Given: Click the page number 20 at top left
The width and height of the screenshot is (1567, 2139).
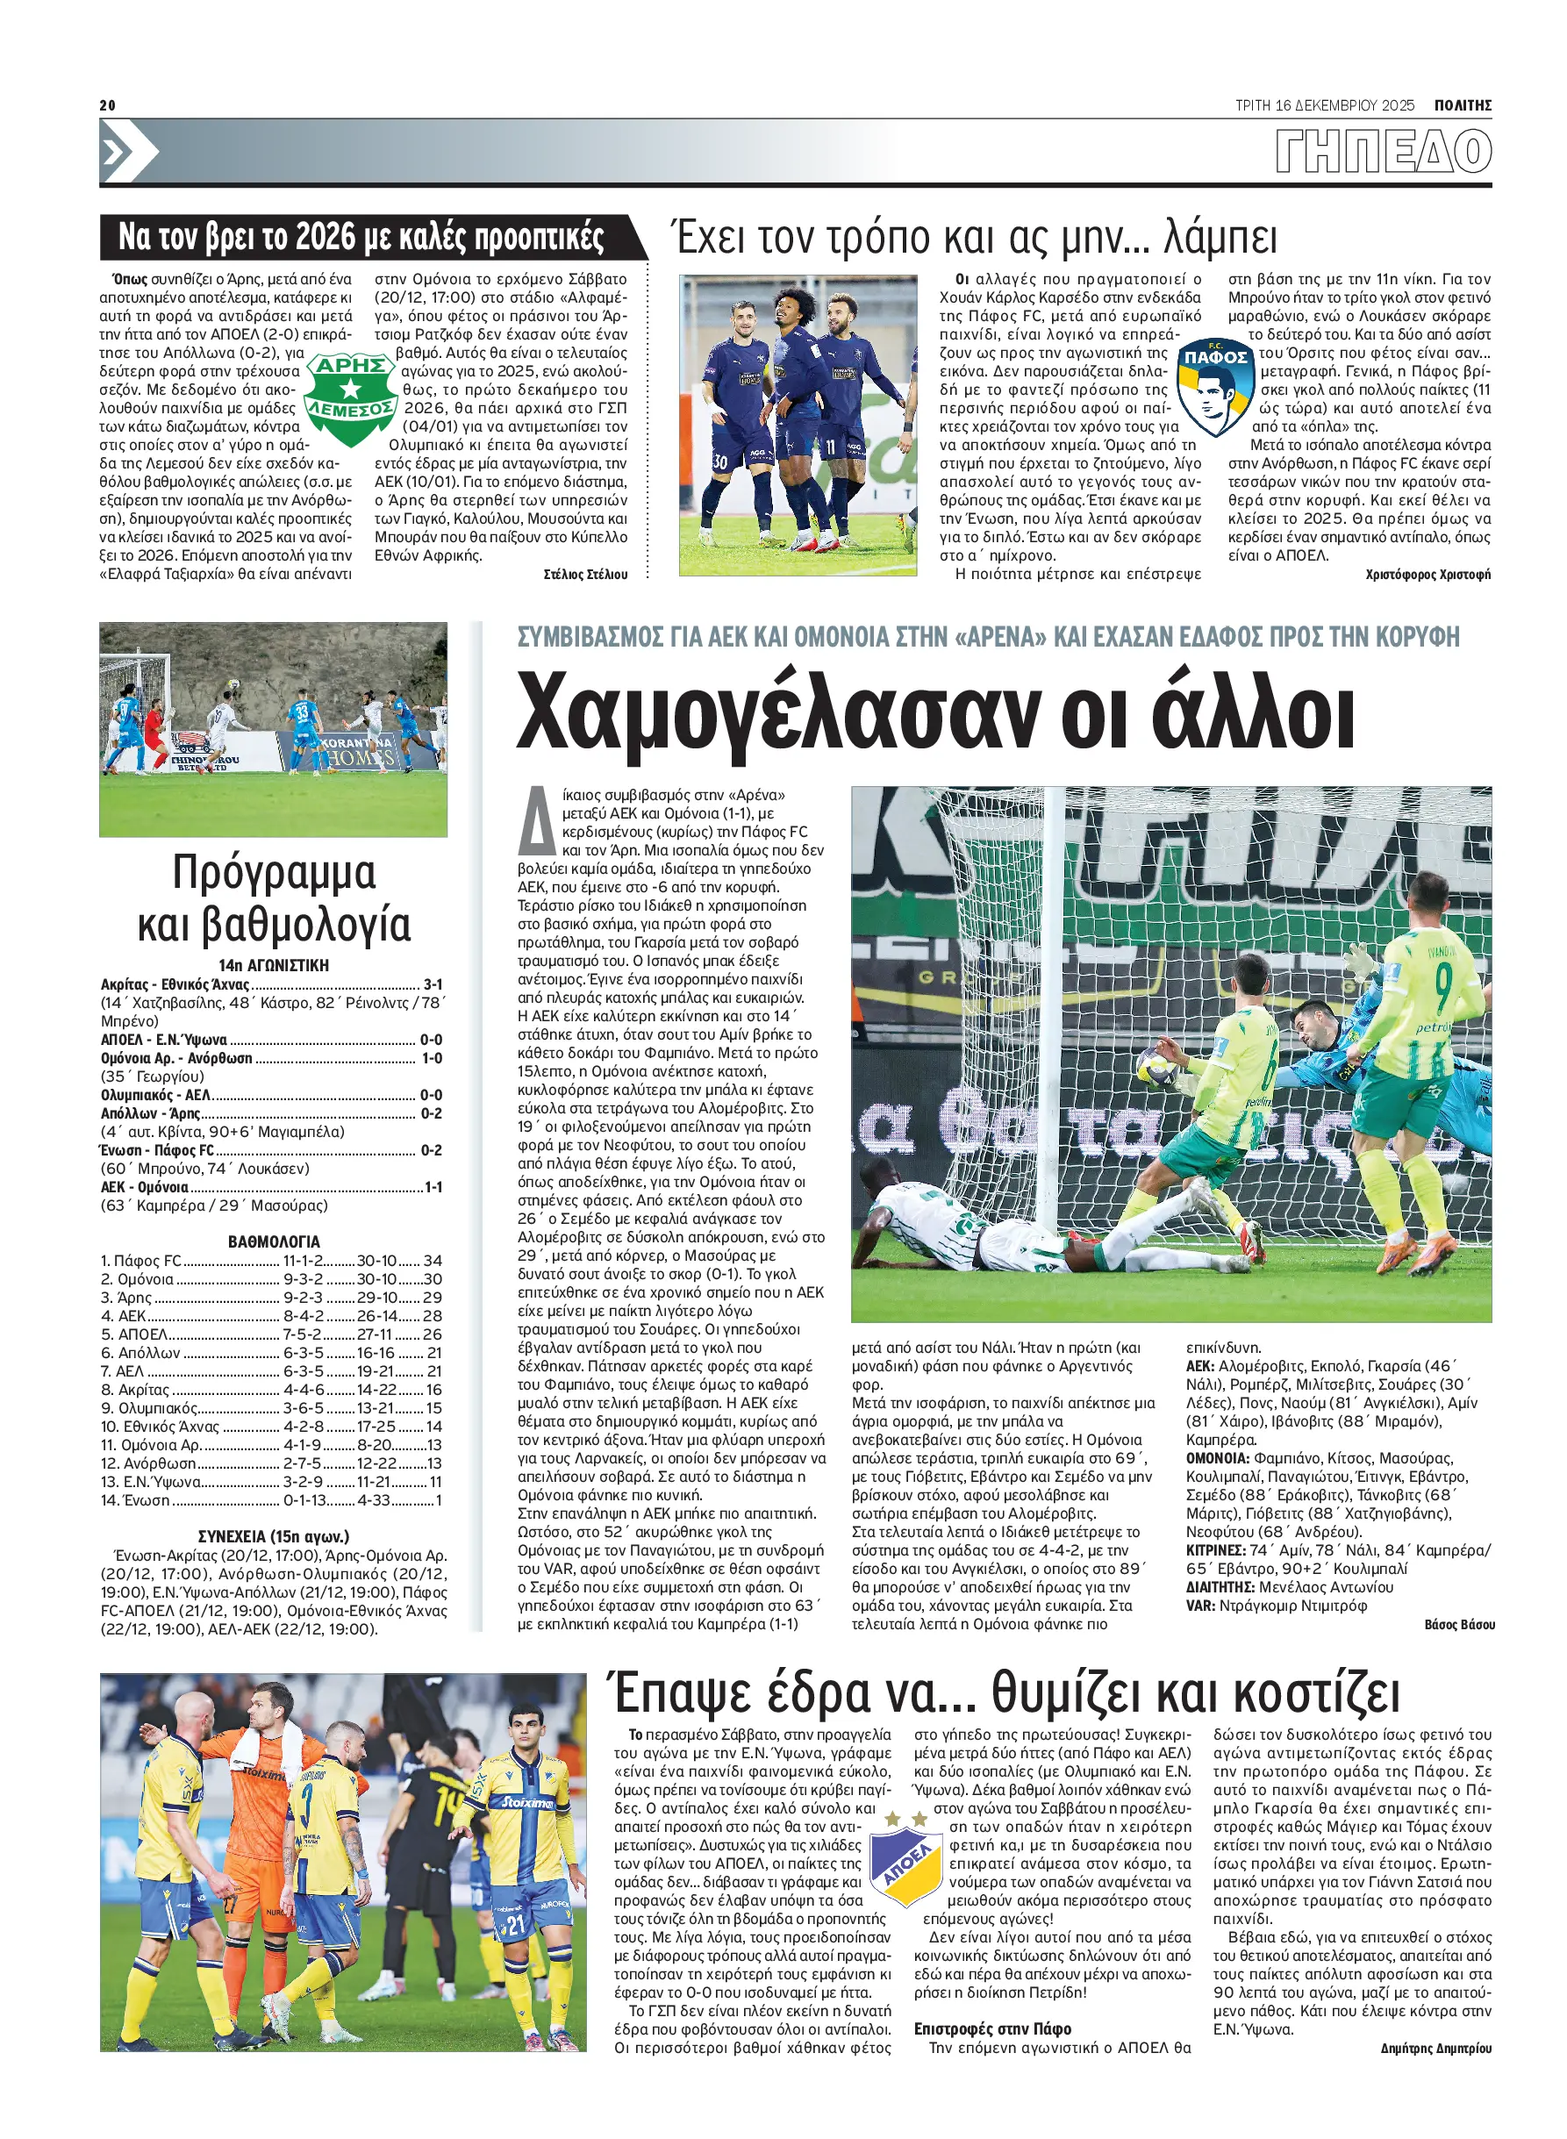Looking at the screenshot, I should pyautogui.click(x=107, y=104).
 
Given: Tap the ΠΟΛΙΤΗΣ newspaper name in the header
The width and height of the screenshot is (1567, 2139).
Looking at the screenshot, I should pyautogui.click(x=1462, y=105).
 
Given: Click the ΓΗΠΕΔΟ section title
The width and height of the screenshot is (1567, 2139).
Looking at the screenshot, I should pyautogui.click(x=1383, y=152).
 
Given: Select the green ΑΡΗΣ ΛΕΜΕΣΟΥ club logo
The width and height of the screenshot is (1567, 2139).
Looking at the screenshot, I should pyautogui.click(x=350, y=399).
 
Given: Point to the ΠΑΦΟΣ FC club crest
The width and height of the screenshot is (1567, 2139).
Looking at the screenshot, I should pyautogui.click(x=1215, y=386).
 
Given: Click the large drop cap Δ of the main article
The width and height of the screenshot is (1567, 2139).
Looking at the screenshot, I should pyautogui.click(x=537, y=820).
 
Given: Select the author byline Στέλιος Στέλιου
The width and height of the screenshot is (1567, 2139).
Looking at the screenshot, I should pyautogui.click(x=585, y=575).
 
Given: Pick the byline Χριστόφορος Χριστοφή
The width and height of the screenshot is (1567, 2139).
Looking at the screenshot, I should pyautogui.click(x=1427, y=575).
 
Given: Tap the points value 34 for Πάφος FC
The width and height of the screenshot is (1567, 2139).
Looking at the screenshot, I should pyautogui.click(x=433, y=1261).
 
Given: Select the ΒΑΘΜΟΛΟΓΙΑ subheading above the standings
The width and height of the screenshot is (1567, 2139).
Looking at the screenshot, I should pyautogui.click(x=273, y=1241).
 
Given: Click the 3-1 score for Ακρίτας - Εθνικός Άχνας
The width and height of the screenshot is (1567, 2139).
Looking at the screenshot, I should pyautogui.click(x=433, y=984).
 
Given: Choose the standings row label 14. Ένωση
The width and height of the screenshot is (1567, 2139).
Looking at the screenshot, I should pyautogui.click(x=135, y=1500).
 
